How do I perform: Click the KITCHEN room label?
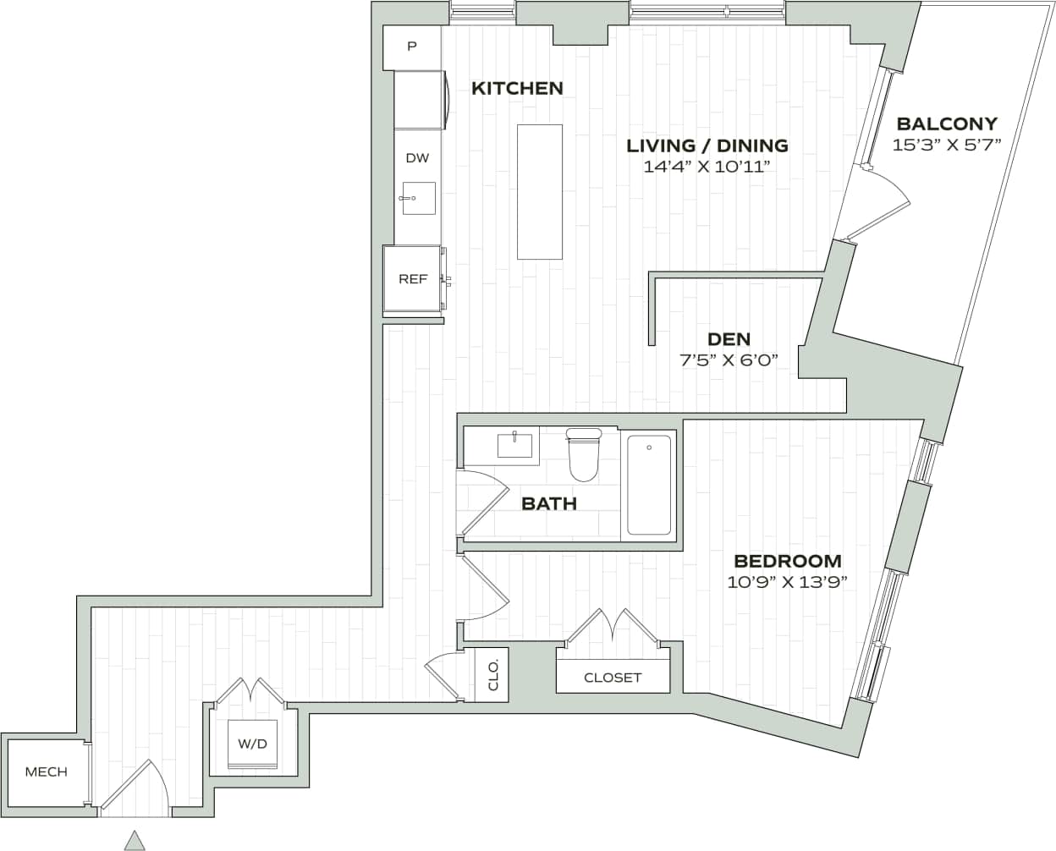coord(517,88)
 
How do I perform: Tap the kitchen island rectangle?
coord(540,192)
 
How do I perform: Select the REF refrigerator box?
coord(413,279)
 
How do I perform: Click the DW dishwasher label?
coord(417,158)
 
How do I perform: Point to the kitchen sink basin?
coord(418,199)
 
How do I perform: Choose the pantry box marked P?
coord(412,47)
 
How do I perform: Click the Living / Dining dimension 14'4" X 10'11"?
coord(707,167)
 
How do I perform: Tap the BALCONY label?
coord(947,124)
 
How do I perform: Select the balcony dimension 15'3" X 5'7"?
coord(947,145)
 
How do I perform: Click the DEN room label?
coord(729,339)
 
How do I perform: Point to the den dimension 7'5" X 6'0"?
coord(729,360)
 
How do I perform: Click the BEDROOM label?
coord(787,561)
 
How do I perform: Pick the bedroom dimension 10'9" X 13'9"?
coord(787,582)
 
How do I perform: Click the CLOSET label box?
coord(613,678)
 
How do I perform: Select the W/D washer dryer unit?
coord(252,744)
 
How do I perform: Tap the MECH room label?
coord(46,771)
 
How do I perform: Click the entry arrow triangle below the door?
coord(134,840)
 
